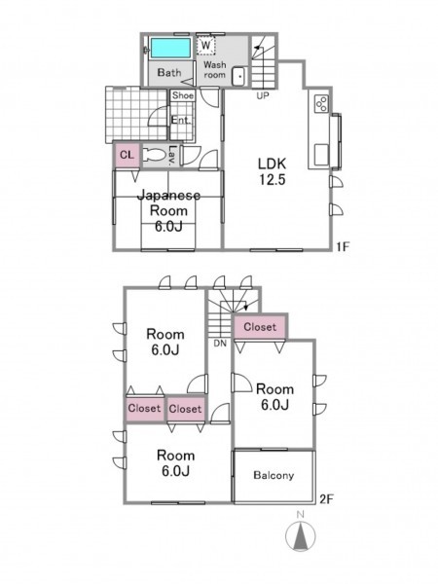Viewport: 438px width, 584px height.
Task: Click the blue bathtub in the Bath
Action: (170, 48)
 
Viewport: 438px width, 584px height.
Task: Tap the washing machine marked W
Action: (205, 45)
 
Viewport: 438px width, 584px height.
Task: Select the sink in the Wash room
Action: (238, 76)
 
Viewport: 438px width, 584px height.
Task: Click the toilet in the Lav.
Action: (156, 155)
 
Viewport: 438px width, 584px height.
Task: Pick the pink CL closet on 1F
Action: (127, 155)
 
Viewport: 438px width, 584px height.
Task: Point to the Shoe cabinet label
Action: (183, 95)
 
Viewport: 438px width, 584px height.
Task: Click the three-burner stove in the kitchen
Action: (321, 103)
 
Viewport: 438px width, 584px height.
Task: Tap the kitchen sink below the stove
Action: (321, 155)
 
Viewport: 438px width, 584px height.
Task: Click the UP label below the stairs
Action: (262, 95)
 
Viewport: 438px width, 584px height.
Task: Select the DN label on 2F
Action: (220, 344)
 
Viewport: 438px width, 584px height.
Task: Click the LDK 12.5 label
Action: (273, 171)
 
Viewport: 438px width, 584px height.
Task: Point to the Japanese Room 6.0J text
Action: (168, 211)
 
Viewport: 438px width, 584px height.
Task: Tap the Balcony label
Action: (274, 475)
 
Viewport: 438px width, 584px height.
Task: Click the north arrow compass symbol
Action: (300, 536)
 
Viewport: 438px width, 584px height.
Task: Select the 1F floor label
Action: (343, 246)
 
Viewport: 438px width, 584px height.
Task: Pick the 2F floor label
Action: (326, 499)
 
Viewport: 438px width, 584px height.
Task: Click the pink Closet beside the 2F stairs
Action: (260, 327)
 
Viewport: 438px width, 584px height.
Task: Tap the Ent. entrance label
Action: (181, 121)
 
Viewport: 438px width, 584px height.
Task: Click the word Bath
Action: (169, 72)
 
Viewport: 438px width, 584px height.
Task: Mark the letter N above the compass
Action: (300, 515)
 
